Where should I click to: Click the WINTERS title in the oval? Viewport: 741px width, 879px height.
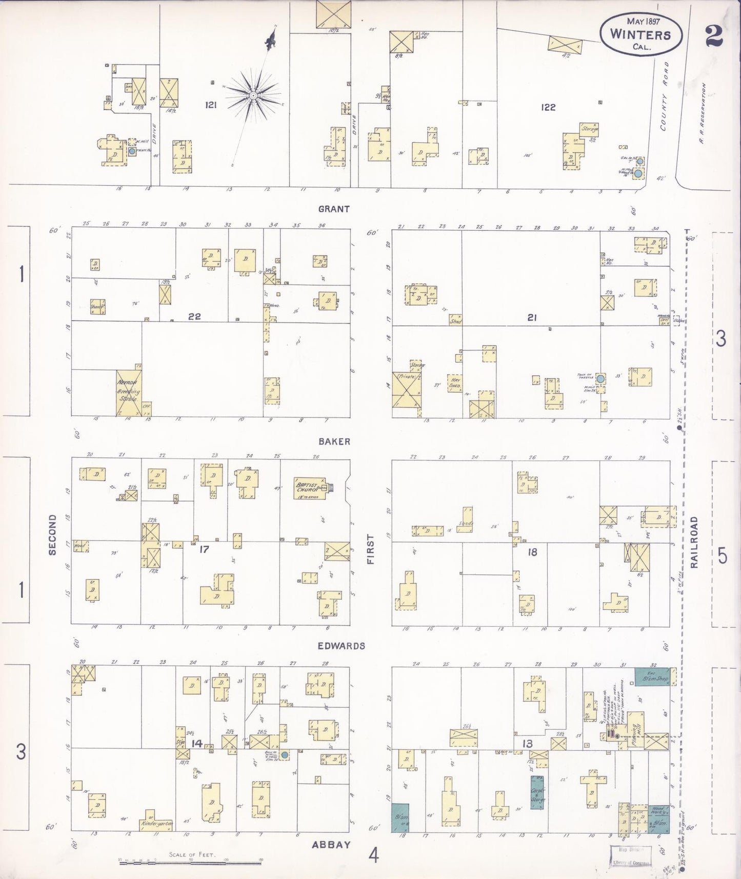click(640, 34)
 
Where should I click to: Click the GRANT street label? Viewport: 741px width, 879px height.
click(334, 209)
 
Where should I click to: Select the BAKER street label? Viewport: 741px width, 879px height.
click(334, 441)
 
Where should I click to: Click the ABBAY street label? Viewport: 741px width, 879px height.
click(331, 845)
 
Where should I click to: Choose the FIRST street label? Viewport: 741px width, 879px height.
click(370, 549)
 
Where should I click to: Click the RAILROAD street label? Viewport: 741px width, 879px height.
click(694, 542)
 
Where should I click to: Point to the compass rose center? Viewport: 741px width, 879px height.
click(253, 95)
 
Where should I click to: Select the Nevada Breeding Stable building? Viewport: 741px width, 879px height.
click(128, 392)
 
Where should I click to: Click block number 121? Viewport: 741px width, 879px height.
click(211, 105)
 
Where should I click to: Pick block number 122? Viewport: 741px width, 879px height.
click(548, 107)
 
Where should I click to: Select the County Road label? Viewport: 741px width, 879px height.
click(665, 96)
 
